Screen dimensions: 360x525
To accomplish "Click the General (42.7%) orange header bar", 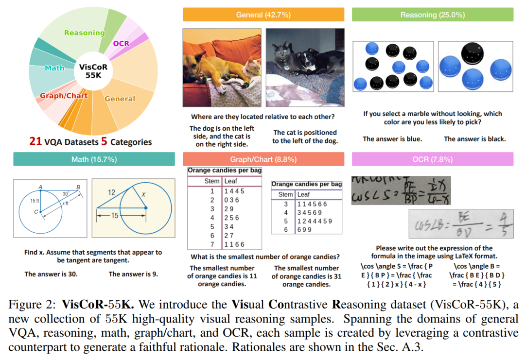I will (x=263, y=15).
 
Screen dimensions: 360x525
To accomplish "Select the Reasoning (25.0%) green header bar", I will (x=432, y=15).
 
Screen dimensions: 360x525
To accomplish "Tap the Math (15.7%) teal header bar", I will (x=94, y=159).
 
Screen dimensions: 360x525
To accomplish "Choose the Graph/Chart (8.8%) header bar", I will (x=263, y=159).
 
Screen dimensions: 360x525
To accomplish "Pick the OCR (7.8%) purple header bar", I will (x=432, y=159).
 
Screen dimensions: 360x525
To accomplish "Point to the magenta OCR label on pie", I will (x=121, y=43).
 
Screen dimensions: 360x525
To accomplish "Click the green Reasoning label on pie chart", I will (x=85, y=33).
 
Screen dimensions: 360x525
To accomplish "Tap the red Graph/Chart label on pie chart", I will (x=64, y=96).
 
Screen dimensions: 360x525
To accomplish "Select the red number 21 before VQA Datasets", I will (x=35, y=142).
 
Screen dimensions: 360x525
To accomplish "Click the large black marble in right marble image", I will (x=472, y=53).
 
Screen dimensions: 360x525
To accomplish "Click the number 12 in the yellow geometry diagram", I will (x=111, y=192).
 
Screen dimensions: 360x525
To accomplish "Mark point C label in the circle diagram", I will (x=36, y=212).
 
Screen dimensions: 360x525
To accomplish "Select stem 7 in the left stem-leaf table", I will (x=212, y=244).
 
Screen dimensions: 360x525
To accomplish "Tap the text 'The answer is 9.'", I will (x=133, y=274).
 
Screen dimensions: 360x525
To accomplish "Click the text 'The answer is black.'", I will (x=474, y=139).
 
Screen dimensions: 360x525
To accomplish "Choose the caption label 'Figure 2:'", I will (x=33, y=306).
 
